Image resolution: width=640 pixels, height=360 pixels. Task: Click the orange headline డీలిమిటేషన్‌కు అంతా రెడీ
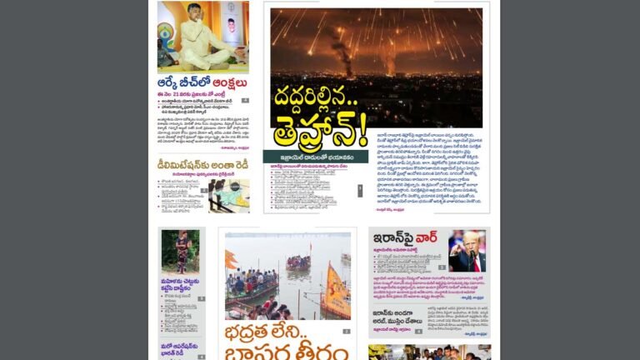[x=202, y=165]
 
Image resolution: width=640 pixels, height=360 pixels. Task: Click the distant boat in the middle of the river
[x=298, y=263]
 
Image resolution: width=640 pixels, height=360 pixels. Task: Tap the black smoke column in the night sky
[x=342, y=50]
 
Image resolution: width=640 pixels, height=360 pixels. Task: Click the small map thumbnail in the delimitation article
[x=227, y=195]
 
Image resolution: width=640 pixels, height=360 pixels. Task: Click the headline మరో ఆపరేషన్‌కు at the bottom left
[x=180, y=349]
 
